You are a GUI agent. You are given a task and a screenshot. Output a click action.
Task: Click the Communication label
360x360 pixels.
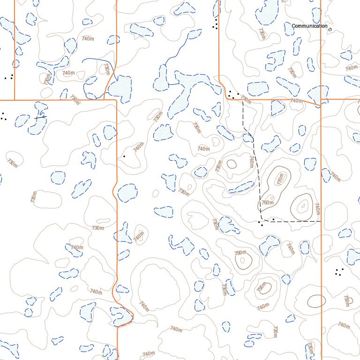309,26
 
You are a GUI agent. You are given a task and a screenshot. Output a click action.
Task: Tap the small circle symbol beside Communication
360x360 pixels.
330,30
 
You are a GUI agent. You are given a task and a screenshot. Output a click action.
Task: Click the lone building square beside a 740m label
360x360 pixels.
124,156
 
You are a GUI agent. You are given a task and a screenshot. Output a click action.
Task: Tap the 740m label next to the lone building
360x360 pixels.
138,147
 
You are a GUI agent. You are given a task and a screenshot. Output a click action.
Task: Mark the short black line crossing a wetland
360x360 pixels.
41,117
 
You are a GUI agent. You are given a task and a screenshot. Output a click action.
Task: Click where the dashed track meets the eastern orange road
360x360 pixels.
321,221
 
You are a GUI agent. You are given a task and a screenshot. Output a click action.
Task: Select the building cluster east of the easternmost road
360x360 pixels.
340,272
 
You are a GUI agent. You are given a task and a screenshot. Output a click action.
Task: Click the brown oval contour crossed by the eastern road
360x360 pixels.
316,301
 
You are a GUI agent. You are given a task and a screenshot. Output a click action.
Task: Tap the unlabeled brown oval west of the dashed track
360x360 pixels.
231,164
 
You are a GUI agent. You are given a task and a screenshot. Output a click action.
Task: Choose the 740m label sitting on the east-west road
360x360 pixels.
296,100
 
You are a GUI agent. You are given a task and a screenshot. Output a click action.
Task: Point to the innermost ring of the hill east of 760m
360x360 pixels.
303,205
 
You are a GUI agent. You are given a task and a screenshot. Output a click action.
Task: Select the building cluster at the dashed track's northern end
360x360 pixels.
233,95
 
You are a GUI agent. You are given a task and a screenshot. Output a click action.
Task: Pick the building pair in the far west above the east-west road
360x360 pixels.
8,77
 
